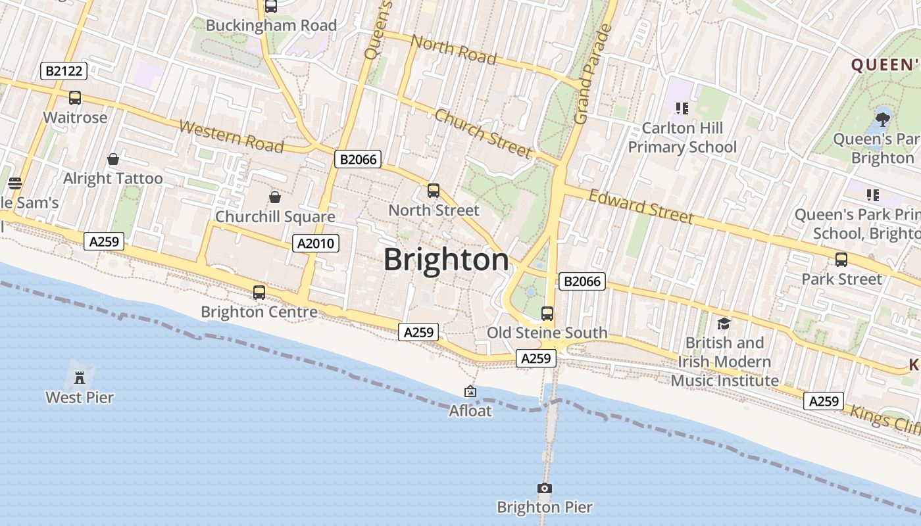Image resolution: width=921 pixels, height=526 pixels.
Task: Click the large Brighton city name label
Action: (446, 260)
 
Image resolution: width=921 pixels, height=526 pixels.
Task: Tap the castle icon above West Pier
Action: (80, 377)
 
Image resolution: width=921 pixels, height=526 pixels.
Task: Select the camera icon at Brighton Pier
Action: (544, 488)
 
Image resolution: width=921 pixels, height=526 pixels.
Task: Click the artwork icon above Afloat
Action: (470, 392)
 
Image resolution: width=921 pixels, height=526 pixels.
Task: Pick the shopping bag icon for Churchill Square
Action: (275, 197)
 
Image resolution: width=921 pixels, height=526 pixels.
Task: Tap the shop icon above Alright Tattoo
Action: (113, 159)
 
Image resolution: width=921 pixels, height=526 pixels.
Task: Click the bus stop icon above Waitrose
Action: (75, 98)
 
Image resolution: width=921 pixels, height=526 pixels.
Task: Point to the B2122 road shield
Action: (64, 71)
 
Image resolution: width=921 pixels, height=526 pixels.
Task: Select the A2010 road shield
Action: (316, 243)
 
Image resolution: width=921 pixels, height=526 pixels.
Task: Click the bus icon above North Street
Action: (433, 191)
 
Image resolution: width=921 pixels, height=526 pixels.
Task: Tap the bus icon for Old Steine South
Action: (547, 313)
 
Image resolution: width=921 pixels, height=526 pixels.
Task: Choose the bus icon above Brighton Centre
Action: (259, 293)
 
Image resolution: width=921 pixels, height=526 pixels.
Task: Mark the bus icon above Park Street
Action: (841, 260)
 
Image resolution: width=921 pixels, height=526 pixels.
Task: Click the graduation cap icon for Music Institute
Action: (724, 323)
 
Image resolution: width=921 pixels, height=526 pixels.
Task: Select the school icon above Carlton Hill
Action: (682, 108)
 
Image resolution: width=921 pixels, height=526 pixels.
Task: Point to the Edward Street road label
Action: (641, 206)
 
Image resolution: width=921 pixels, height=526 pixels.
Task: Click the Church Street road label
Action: (483, 133)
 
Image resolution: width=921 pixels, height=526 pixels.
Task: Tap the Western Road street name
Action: (231, 136)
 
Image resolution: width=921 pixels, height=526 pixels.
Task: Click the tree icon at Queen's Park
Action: (882, 120)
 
